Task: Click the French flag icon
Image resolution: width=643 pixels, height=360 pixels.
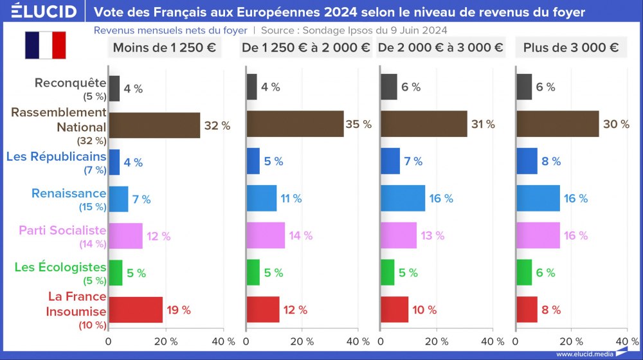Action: click(46, 44)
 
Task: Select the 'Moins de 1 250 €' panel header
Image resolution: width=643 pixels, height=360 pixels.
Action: click(164, 48)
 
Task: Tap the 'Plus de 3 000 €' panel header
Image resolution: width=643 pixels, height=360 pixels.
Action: click(571, 48)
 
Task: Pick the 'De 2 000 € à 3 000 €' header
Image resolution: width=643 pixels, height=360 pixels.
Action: click(440, 48)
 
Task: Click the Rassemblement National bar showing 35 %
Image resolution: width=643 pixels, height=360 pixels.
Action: click(295, 124)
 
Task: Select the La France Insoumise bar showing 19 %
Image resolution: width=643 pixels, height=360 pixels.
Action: click(136, 310)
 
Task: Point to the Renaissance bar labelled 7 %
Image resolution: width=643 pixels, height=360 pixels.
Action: click(118, 199)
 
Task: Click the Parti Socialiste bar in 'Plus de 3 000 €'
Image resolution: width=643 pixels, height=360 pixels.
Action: click(538, 235)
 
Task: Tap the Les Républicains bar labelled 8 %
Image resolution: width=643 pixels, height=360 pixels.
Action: click(527, 161)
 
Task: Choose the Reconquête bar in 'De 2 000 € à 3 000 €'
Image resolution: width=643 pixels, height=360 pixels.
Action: click(389, 87)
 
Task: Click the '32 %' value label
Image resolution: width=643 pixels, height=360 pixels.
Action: click(217, 125)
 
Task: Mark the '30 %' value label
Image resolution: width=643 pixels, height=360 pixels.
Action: click(616, 124)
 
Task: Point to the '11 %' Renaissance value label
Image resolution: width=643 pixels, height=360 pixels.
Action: click(291, 199)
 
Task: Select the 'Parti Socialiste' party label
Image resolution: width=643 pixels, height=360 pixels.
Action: click(63, 230)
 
